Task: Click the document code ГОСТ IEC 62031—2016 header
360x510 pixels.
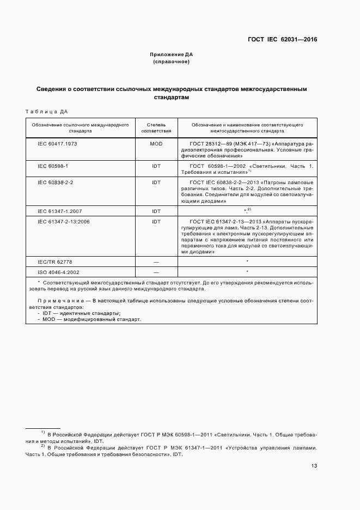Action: (283, 39)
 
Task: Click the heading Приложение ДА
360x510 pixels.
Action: (172, 54)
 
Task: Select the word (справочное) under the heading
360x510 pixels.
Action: (172, 62)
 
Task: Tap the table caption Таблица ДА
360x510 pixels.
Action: (47, 112)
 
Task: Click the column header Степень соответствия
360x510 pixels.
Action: (156, 128)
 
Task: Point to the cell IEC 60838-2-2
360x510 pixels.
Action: (56, 182)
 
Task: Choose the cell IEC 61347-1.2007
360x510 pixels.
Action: (60, 210)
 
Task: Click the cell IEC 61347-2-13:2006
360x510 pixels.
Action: (63, 221)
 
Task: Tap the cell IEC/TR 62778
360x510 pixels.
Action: (54, 261)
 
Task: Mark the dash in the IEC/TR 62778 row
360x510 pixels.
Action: (156, 261)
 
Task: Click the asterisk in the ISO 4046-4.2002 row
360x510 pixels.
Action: (247, 271)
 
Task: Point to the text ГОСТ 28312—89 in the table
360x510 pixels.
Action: (208, 143)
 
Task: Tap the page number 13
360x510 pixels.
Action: (314, 466)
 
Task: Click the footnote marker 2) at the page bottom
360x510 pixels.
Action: (42, 446)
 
